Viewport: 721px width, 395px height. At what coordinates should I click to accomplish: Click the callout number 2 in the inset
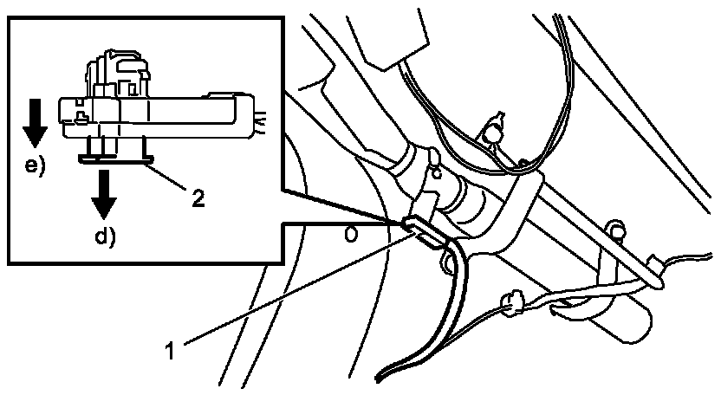[198, 198]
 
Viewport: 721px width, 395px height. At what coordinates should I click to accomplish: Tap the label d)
[105, 233]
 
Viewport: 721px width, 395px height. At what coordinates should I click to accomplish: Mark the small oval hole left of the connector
[351, 233]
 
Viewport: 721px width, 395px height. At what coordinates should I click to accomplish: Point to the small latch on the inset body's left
[80, 112]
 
